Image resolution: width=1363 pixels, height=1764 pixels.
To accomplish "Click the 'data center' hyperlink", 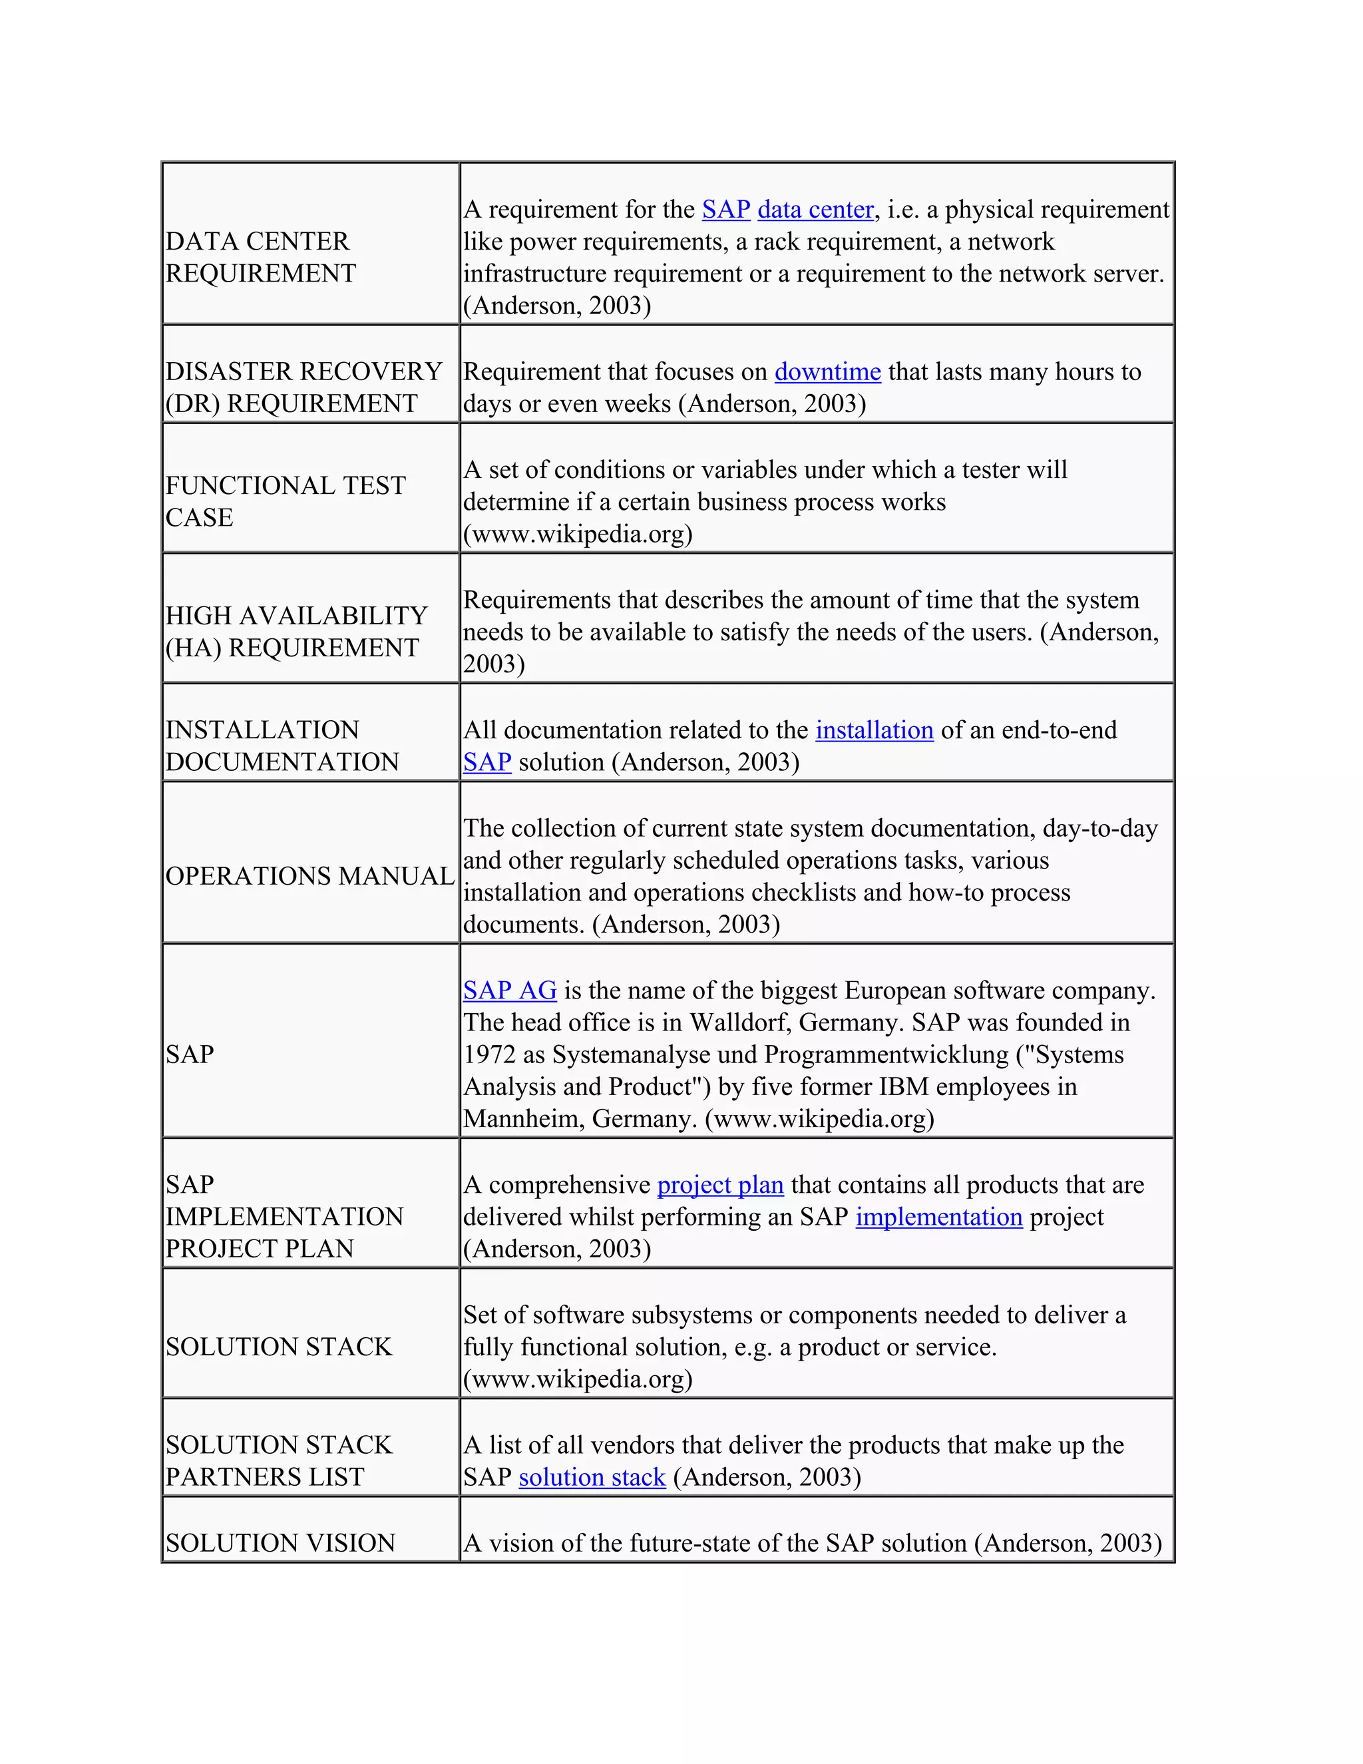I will (815, 210).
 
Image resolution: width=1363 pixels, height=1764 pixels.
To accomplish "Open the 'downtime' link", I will (828, 371).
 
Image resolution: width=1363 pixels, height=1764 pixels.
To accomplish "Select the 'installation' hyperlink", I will (875, 730).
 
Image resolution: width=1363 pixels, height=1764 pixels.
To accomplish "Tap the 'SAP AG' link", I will (510, 991).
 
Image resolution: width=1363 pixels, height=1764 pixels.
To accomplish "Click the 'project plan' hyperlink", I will (720, 1185).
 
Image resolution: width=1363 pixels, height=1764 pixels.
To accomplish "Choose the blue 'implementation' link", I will (939, 1217).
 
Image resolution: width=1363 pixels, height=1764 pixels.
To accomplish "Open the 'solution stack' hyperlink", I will (592, 1477).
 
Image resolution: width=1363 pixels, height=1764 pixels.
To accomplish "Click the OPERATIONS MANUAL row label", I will (310, 877).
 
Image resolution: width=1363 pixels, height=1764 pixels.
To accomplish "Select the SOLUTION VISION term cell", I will (280, 1544).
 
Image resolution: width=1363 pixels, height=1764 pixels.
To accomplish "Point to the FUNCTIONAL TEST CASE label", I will (285, 502).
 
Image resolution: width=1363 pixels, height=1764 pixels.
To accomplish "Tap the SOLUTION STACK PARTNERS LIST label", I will (279, 1461).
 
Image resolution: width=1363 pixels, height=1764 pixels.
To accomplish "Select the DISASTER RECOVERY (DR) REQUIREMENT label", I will (303, 387).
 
